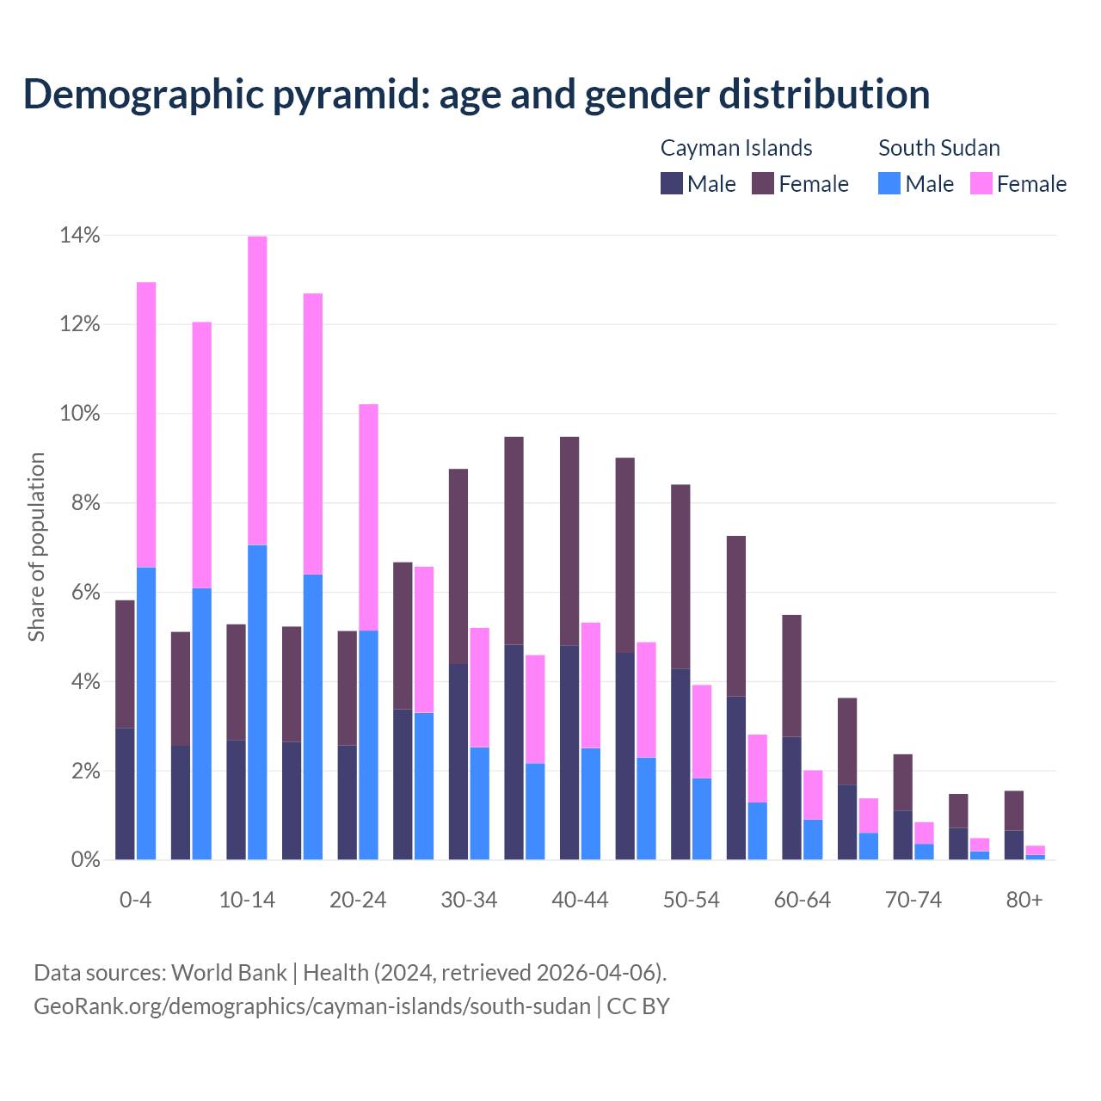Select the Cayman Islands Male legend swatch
(x=672, y=184)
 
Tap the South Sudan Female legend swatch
(x=981, y=184)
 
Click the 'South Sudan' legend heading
(x=938, y=148)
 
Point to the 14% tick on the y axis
(x=80, y=235)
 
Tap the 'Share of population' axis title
(x=36, y=547)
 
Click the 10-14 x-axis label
(x=247, y=901)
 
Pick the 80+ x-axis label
(x=1024, y=901)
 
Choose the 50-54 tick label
(x=692, y=901)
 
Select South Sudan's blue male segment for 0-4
(x=146, y=713)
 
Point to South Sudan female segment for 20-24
(x=368, y=517)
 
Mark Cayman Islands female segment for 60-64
(x=791, y=676)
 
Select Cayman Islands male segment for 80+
(x=1013, y=845)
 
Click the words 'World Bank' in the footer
(x=229, y=973)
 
